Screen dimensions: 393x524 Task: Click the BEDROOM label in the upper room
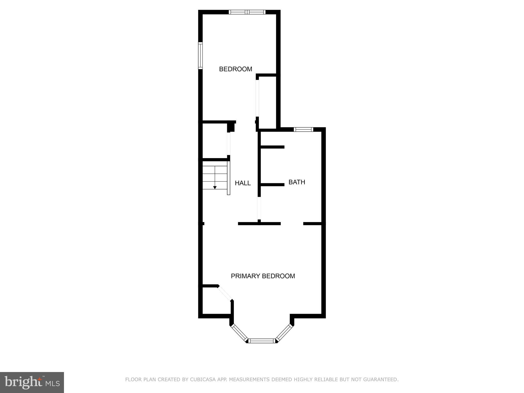click(236, 69)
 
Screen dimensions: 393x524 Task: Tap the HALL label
click(243, 183)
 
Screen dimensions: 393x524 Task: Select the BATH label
click(297, 182)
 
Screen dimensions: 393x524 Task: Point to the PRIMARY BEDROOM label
click(263, 276)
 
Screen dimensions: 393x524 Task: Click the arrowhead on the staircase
click(215, 188)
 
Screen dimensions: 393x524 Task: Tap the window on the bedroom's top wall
click(247, 12)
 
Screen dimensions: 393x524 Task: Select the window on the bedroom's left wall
click(201, 56)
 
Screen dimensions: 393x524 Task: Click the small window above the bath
click(303, 129)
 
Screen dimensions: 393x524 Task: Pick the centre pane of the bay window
click(262, 341)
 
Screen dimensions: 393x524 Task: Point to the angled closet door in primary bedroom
click(225, 293)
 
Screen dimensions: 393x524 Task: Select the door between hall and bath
click(259, 208)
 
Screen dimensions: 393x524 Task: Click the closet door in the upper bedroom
click(257, 98)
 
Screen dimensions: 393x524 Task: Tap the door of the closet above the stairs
click(229, 144)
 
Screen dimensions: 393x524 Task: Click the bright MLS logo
click(32, 383)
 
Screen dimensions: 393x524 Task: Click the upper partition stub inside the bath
click(272, 147)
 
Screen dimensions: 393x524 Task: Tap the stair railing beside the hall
click(229, 178)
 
